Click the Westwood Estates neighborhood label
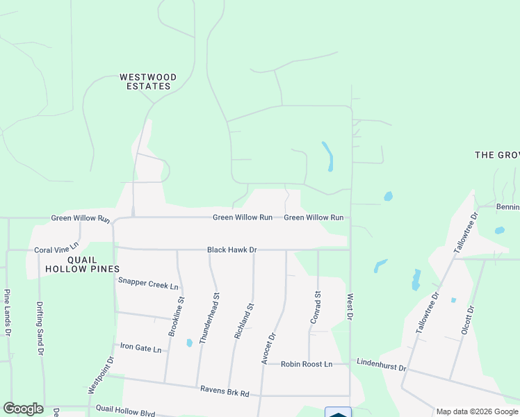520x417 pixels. click(147, 82)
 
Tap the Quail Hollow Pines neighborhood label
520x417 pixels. click(83, 268)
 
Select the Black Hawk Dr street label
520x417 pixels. click(232, 250)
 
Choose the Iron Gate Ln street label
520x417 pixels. click(141, 347)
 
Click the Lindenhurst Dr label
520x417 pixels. click(381, 363)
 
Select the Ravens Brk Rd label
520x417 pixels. click(224, 393)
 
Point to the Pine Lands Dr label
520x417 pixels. click(8, 313)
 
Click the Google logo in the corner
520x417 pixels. click(23, 409)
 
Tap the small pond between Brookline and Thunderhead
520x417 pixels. click(189, 343)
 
